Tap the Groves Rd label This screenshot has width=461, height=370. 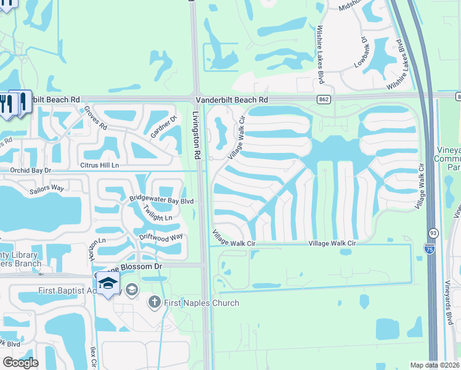coord(96,118)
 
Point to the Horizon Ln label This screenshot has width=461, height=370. coord(100,249)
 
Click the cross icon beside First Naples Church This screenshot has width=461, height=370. coord(154,302)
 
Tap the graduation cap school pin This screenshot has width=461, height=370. coord(108,282)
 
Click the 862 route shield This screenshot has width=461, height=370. coord(323,99)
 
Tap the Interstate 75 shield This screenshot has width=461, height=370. coord(429,248)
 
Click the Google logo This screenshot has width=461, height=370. coord(20,363)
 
